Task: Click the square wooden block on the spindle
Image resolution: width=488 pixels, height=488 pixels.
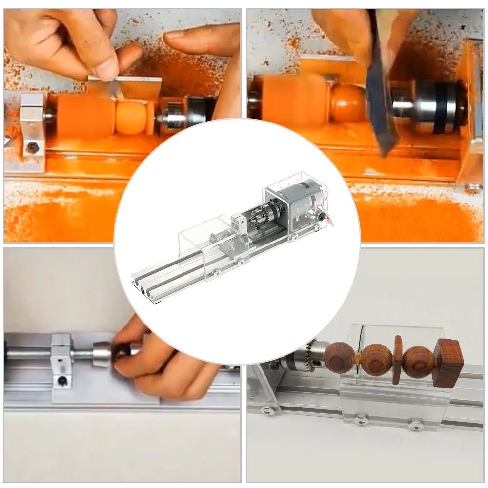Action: (x=448, y=362)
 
